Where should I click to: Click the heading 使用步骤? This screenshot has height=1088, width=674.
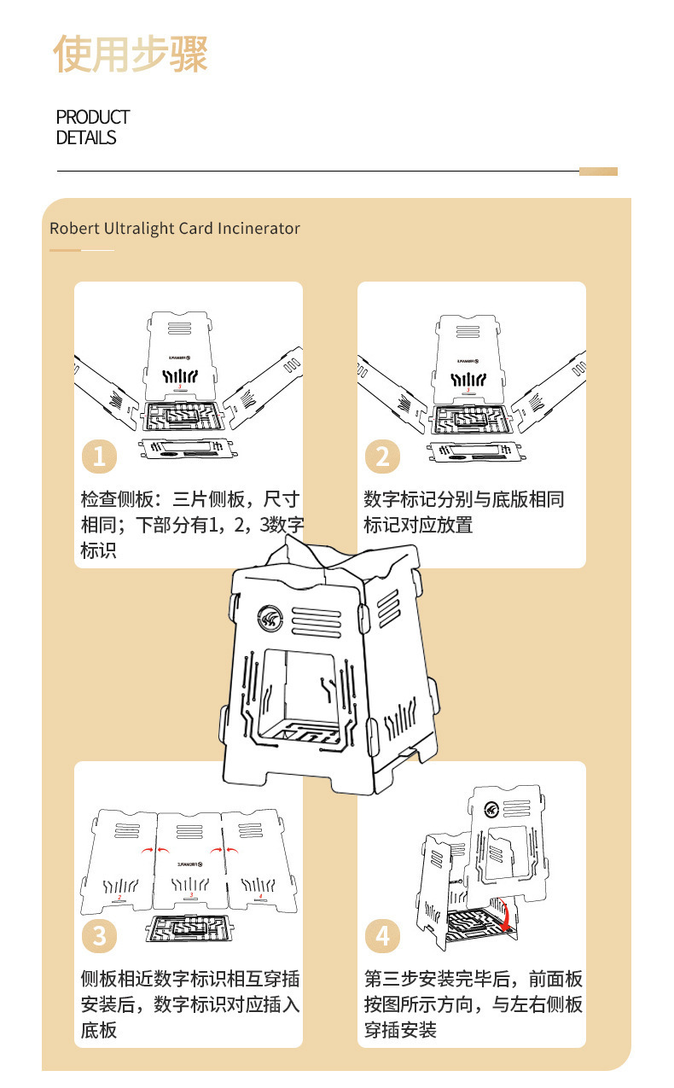pyautogui.click(x=131, y=55)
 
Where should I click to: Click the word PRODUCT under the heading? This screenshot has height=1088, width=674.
pyautogui.click(x=93, y=117)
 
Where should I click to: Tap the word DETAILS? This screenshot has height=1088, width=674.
pyautogui.click(x=86, y=138)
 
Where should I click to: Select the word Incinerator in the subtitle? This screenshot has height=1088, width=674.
pyautogui.click(x=259, y=229)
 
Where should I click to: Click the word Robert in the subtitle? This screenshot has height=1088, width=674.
pyautogui.click(x=73, y=229)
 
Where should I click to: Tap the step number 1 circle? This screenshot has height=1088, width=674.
pyautogui.click(x=99, y=457)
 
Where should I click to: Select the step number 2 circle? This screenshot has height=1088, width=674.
pyautogui.click(x=382, y=457)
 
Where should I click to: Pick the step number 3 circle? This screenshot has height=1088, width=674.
pyautogui.click(x=99, y=936)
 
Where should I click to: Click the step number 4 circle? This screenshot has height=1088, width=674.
pyautogui.click(x=382, y=936)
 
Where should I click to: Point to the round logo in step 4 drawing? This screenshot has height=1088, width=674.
pyautogui.click(x=492, y=811)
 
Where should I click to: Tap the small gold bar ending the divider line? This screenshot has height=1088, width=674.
pyautogui.click(x=598, y=172)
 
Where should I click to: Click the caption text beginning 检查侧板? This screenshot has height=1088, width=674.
pyautogui.click(x=190, y=525)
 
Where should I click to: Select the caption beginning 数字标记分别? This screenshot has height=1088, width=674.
pyautogui.click(x=464, y=512)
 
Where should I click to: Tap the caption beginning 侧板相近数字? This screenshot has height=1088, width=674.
pyautogui.click(x=190, y=1004)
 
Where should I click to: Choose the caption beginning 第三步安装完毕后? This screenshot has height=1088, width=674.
pyautogui.click(x=474, y=1004)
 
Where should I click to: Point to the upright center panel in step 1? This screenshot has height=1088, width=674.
pyautogui.click(x=180, y=354)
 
